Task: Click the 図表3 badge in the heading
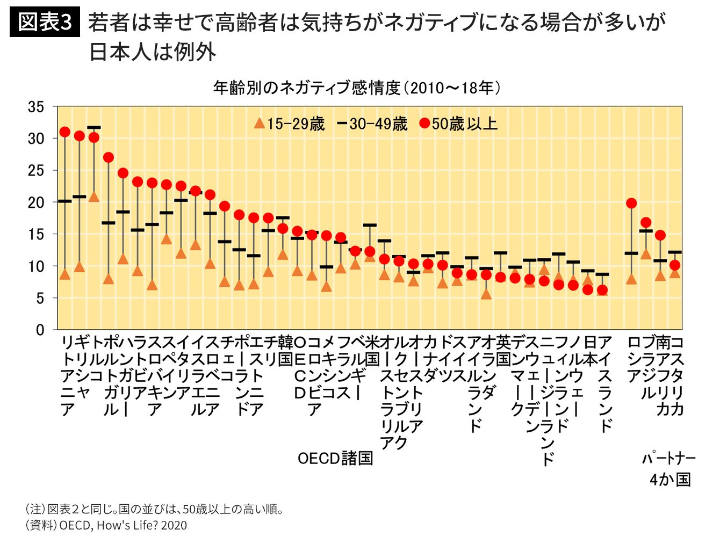click(45, 21)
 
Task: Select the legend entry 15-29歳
click(289, 124)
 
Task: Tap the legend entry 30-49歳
click(372, 124)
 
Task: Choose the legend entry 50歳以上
click(458, 124)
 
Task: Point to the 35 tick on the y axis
click(36, 107)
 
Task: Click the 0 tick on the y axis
click(40, 330)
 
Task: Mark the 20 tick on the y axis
click(36, 202)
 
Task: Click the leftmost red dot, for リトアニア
click(65, 132)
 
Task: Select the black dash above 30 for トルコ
click(94, 127)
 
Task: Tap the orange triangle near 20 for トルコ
click(94, 197)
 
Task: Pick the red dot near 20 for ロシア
click(631, 204)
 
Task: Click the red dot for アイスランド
click(602, 290)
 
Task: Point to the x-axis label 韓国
click(285, 351)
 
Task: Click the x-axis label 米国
click(373, 351)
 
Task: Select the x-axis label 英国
click(503, 351)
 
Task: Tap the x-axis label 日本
click(590, 351)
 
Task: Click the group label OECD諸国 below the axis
click(335, 458)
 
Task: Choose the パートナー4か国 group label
click(669, 469)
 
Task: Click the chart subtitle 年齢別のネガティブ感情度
click(307, 88)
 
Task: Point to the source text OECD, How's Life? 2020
click(123, 525)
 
